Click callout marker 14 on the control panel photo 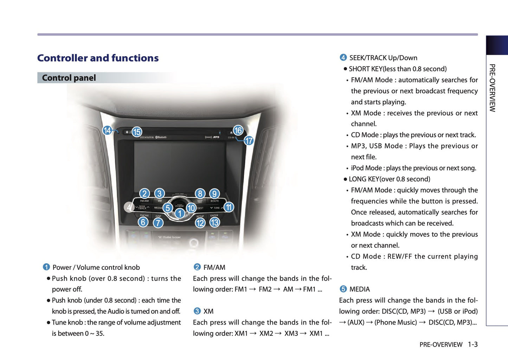107,131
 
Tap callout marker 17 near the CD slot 249,141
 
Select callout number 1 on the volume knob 180,213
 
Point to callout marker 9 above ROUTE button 214,194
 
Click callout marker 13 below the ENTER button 214,222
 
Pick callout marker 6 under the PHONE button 143,222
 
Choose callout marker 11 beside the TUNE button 229,207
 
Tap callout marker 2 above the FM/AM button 144,194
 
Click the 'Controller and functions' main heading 98,58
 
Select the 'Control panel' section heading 69,78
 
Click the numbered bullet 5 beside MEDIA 343,289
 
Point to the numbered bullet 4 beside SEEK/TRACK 343,58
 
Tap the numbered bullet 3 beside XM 197,311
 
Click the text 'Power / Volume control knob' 96,267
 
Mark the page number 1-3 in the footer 472,345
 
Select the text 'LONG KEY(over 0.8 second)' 389,179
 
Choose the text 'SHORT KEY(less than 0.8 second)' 398,69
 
